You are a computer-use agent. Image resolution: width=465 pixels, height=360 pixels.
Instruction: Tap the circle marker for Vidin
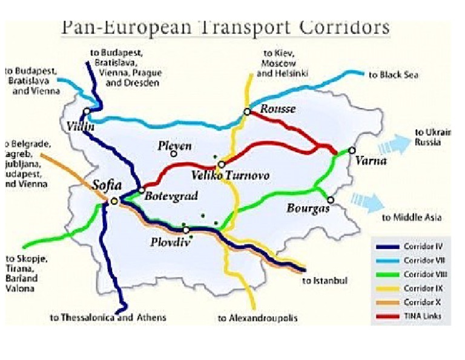(88, 112)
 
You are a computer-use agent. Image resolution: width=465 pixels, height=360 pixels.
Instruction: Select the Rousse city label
(277, 110)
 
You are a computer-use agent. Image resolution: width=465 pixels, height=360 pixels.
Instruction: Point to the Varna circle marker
(352, 150)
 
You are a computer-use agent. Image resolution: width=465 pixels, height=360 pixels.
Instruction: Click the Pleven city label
(174, 146)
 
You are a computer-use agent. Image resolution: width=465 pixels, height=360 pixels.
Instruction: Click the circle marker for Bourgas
(331, 199)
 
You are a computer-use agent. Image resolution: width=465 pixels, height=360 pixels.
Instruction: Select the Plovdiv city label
(167, 241)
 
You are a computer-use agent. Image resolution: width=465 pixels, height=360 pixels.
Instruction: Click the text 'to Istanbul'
(325, 281)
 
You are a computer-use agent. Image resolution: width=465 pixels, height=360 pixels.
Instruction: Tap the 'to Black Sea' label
(394, 75)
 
